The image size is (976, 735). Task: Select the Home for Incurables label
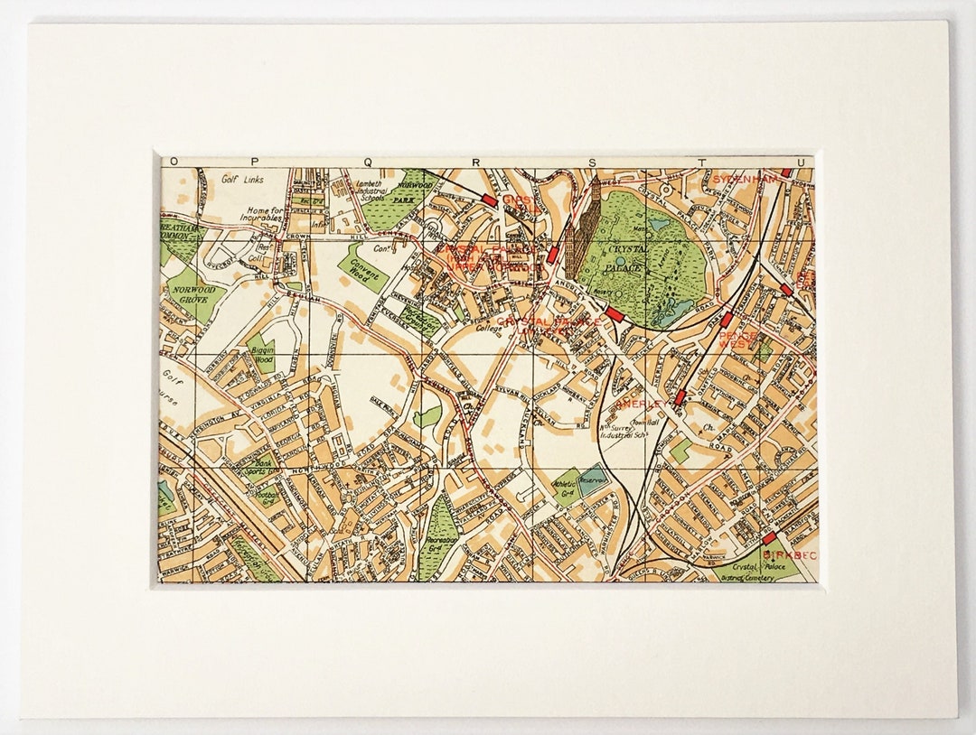click(267, 218)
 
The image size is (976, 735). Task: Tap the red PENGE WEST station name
click(737, 340)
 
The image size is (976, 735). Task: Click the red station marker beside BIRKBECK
click(769, 540)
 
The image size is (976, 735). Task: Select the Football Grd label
click(267, 498)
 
